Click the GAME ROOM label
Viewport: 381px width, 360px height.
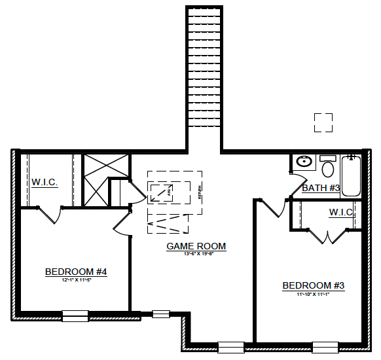click(196, 247)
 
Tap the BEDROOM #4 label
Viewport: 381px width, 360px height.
click(76, 272)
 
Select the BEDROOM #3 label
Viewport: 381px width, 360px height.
click(313, 286)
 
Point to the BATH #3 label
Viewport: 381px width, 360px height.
click(321, 189)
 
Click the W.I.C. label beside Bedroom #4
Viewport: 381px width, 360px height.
click(45, 181)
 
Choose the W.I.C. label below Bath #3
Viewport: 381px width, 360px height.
click(342, 213)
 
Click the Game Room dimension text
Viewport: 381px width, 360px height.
click(196, 254)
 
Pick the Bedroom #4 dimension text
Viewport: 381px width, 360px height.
click(76, 279)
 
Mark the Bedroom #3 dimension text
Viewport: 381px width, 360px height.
click(313, 294)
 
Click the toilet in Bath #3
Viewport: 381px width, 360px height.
click(327, 168)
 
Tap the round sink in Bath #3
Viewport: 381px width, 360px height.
click(304, 162)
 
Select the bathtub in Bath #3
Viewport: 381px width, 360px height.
click(352, 175)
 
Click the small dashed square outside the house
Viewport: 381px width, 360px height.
click(323, 122)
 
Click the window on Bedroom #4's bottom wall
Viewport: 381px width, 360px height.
click(75, 315)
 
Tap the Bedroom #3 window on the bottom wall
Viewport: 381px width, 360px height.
click(325, 347)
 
